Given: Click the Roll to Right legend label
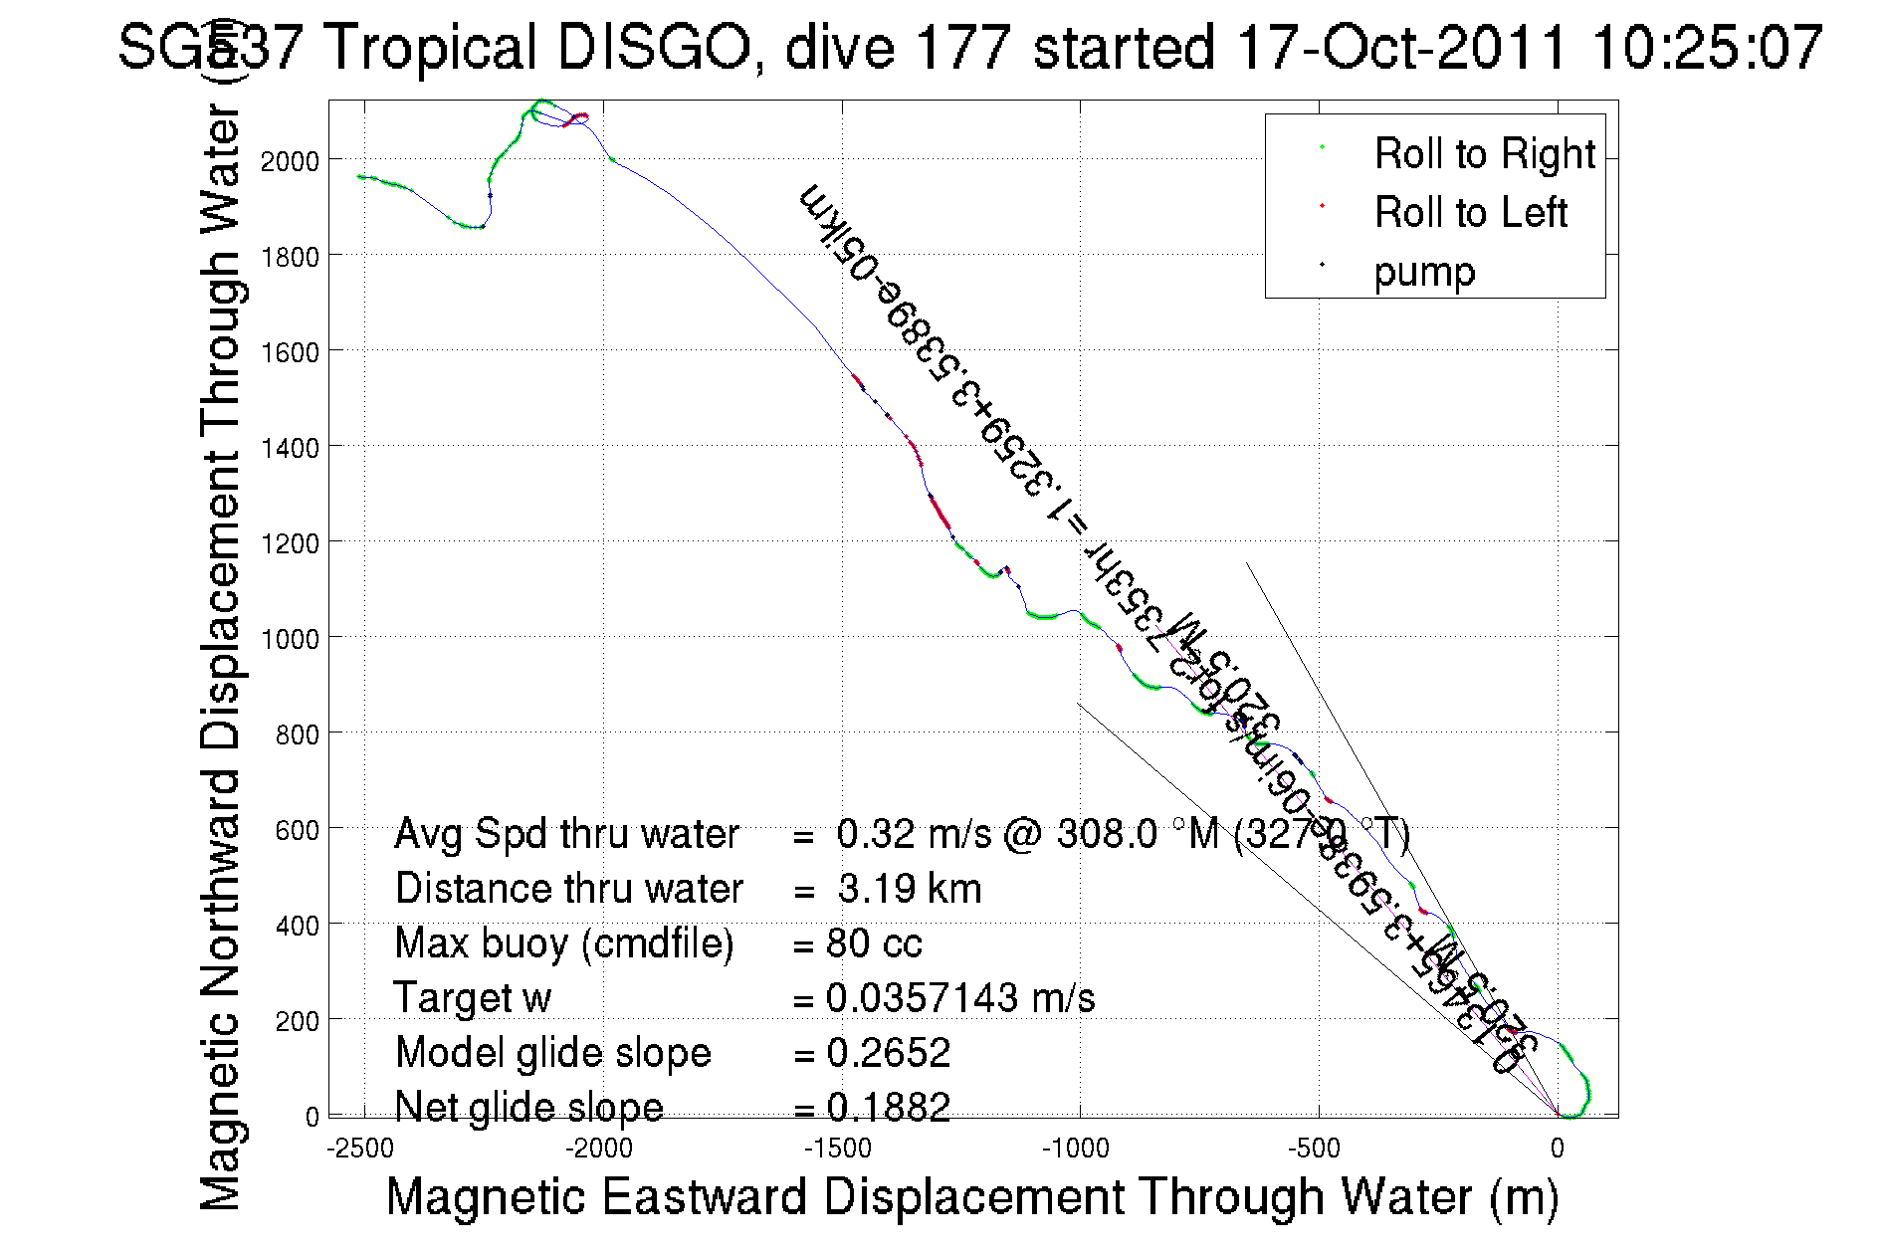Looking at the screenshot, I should (x=1484, y=154).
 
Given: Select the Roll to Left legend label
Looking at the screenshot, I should (x=1470, y=213).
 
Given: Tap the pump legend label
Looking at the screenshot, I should (x=1424, y=272).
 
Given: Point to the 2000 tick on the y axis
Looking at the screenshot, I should (x=290, y=161).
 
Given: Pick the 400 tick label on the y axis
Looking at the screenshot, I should (x=297, y=926).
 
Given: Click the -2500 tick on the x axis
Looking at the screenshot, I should (x=361, y=1149).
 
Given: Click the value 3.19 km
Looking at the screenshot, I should (x=910, y=889).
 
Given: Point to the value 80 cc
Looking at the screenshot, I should (x=874, y=943).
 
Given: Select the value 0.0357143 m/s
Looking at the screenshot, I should (x=960, y=998).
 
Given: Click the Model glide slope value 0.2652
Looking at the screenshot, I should (x=889, y=1053).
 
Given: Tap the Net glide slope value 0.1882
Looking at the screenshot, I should (x=889, y=1107).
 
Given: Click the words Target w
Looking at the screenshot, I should (x=473, y=998).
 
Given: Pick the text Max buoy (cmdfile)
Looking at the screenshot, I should (x=564, y=943).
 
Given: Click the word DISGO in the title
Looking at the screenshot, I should (x=654, y=47).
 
